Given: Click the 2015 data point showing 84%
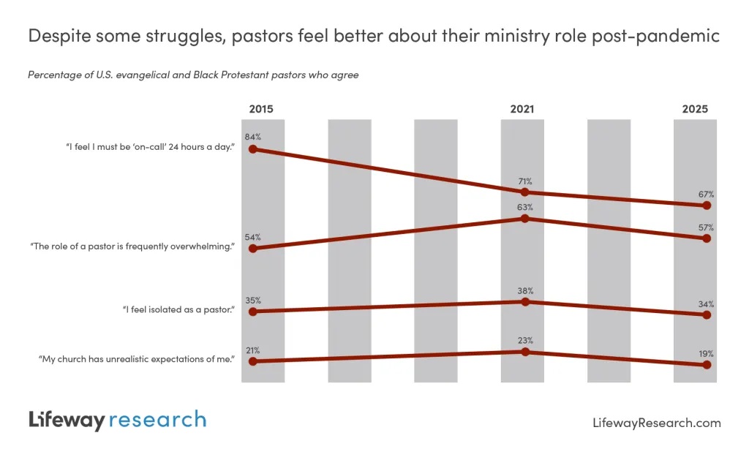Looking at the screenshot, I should coord(253,149).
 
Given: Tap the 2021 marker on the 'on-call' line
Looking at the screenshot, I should coord(524,192).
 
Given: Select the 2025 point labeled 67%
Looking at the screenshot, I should coord(707,206).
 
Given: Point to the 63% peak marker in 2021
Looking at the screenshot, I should coord(524,218).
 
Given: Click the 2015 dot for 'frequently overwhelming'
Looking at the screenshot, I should coord(253,249).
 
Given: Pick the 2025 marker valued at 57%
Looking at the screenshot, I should coord(707,238).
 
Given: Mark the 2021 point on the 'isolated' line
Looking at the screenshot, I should coord(524,301).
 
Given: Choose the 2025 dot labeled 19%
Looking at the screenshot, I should coord(707,365).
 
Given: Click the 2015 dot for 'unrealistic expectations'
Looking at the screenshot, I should coord(253,361).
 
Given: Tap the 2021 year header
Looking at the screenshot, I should coord(522,109).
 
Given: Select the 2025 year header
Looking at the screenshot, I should coord(695,109).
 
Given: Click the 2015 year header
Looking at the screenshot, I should coord(261,109).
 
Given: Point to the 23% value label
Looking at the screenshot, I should coord(525,340).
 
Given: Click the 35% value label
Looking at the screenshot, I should coord(253,300).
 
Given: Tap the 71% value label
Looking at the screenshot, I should coord(525,181).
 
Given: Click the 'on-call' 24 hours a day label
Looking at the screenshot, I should coord(150,147).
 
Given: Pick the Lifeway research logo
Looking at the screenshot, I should coord(117,421).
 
